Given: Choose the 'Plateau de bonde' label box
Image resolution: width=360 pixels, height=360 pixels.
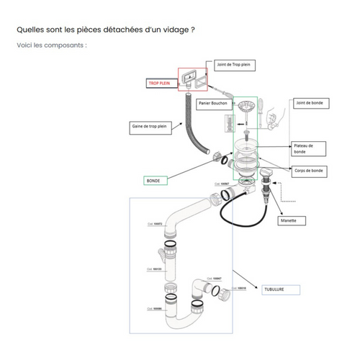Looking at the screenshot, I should coord(307,148).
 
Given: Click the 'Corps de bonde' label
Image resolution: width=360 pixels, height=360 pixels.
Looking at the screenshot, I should coord(309,170).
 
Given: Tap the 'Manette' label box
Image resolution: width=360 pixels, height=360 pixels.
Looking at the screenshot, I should coord(293,220).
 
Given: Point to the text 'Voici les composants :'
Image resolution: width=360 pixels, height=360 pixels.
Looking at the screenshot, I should coord(51,45).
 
